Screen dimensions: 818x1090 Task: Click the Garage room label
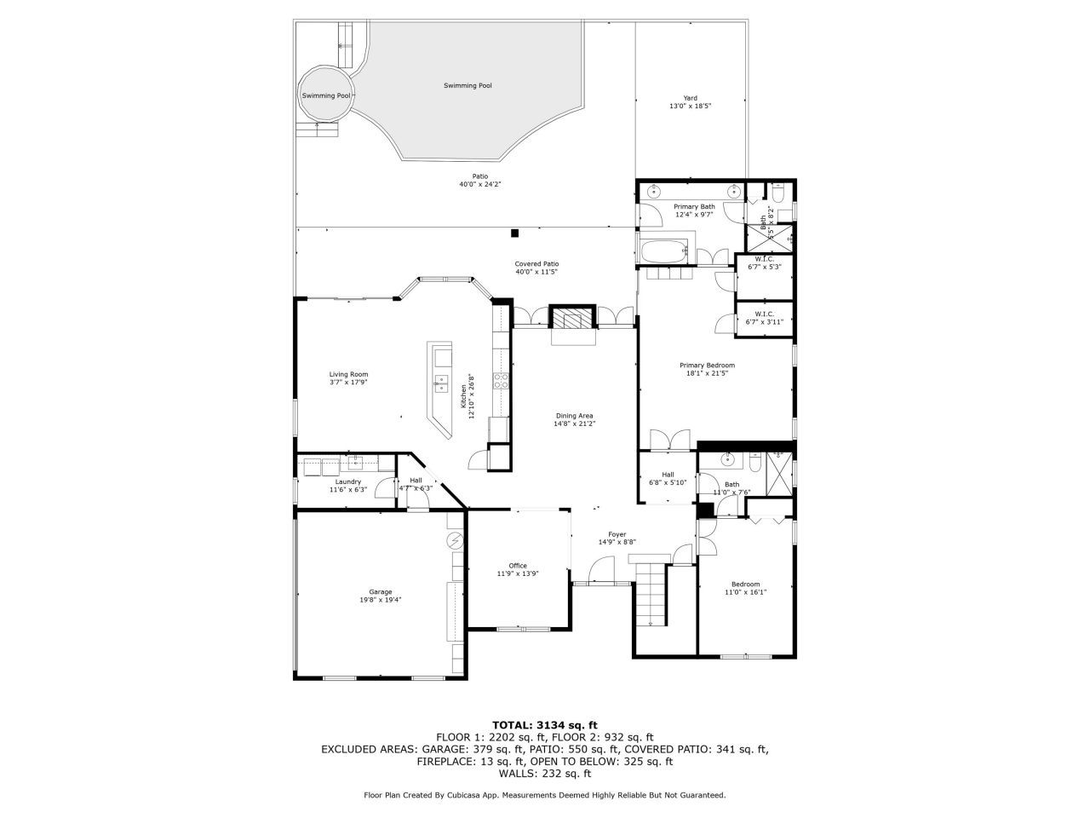pyautogui.click(x=380, y=595)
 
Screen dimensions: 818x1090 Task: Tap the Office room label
pyautogui.click(x=518, y=569)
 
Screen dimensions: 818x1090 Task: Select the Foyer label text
pyautogui.click(x=617, y=538)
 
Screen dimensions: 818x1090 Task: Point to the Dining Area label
pyautogui.click(x=574, y=419)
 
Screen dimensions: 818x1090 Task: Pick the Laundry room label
pyautogui.click(x=347, y=486)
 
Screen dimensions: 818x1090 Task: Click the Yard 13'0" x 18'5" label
pyautogui.click(x=690, y=102)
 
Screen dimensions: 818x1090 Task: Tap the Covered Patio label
pyautogui.click(x=536, y=268)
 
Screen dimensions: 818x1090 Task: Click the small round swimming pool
pyautogui.click(x=325, y=95)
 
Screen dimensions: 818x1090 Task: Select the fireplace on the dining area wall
pyautogui.click(x=569, y=319)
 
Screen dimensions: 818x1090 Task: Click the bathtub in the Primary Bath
pyautogui.click(x=663, y=252)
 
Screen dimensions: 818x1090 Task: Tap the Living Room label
pyautogui.click(x=348, y=377)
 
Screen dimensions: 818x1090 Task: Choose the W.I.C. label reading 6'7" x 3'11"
pyautogui.click(x=764, y=318)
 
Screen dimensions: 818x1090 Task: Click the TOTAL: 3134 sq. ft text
pyautogui.click(x=544, y=725)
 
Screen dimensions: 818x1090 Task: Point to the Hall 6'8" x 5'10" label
pyautogui.click(x=668, y=478)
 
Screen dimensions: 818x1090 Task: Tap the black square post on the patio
pyautogui.click(x=514, y=233)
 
